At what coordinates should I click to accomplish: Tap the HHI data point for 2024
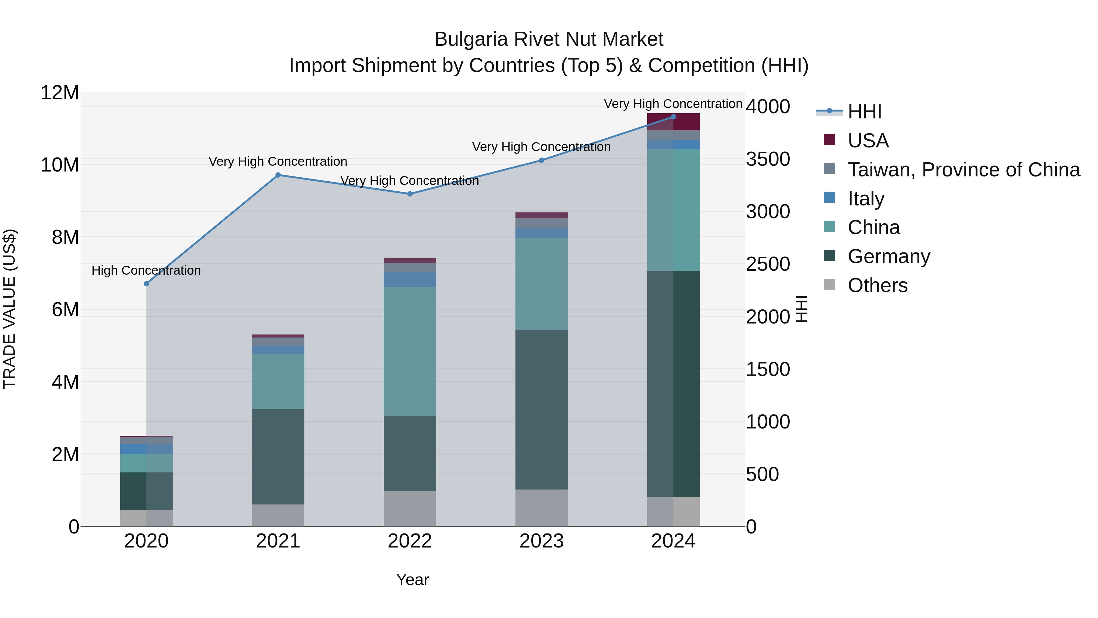pos(673,117)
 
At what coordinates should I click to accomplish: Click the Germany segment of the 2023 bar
pos(541,410)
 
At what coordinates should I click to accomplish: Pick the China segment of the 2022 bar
pos(410,352)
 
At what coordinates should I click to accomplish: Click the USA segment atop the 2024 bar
pos(673,122)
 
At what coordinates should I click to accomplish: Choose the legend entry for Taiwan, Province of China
pos(963,170)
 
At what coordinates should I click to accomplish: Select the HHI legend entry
pos(864,112)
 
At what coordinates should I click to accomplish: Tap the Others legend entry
pos(877,285)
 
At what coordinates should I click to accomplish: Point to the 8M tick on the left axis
pos(65,237)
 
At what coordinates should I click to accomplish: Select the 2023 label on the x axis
pos(541,541)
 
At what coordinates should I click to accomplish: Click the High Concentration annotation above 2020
pos(146,270)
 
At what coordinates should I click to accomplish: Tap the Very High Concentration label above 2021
pos(278,162)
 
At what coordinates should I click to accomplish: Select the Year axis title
pos(412,580)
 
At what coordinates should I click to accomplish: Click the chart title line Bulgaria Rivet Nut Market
pos(549,39)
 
